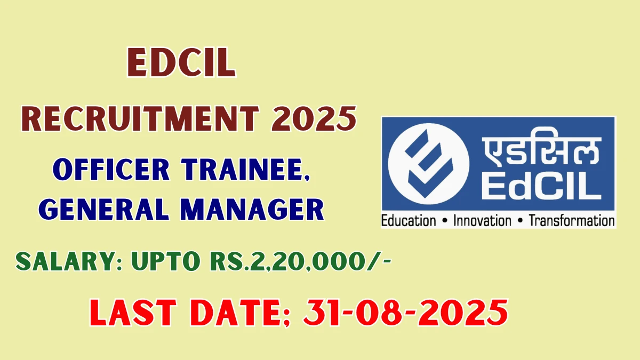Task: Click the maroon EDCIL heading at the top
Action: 182,62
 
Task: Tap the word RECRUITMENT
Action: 140,119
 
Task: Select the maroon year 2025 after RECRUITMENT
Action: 314,119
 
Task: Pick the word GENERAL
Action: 103,210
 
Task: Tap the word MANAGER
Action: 252,210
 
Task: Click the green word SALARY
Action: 69,261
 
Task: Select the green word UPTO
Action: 166,261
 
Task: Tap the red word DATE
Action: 241,313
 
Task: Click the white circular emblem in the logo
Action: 429,164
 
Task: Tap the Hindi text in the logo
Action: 541,151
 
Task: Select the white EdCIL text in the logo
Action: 541,186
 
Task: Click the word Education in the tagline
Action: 409,221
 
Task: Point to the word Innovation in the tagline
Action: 482,221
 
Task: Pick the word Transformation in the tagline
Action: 571,221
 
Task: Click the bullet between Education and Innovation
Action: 445,221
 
